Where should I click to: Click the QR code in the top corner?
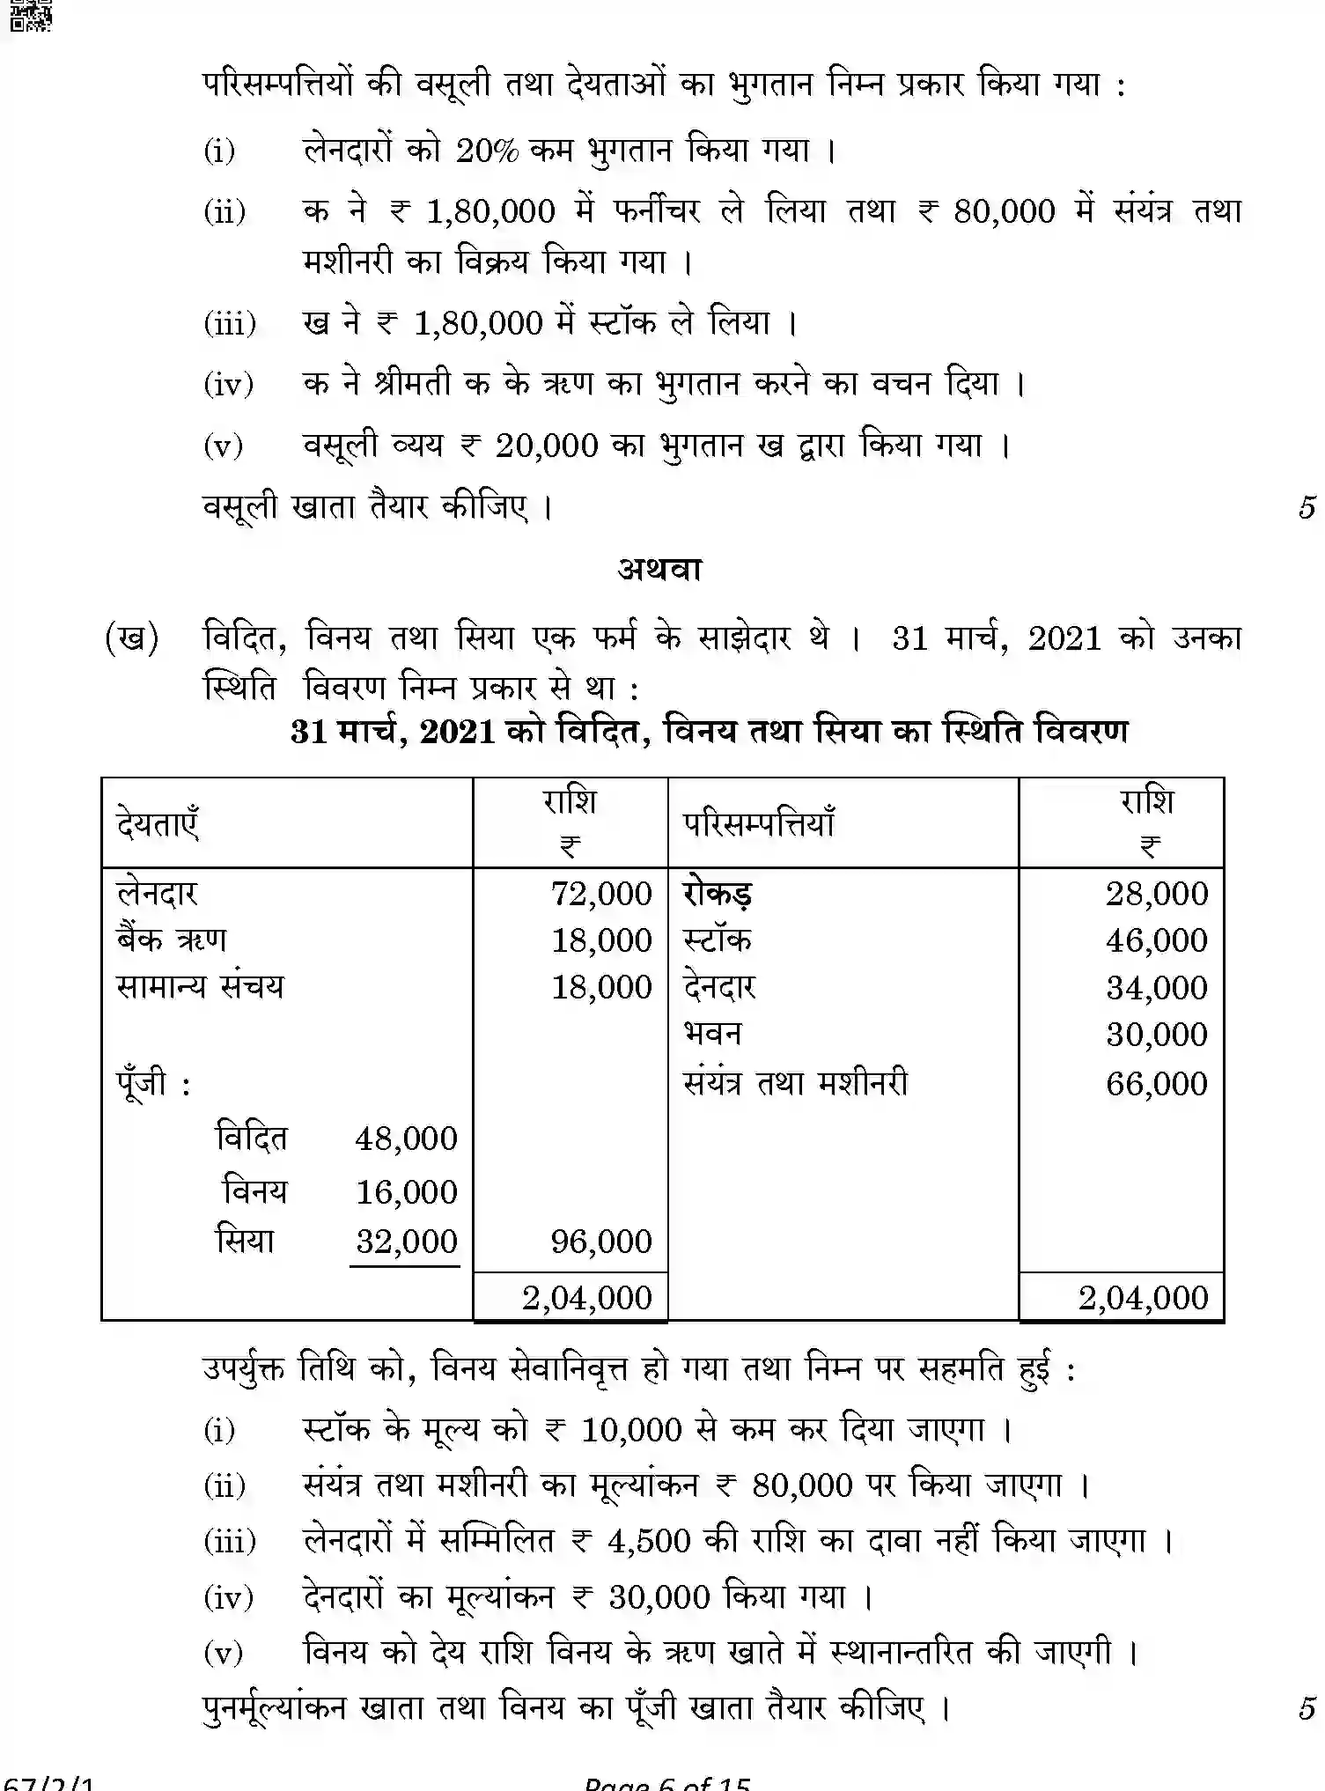tap(31, 15)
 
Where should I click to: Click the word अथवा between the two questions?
tap(659, 570)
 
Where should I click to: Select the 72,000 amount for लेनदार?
tap(601, 894)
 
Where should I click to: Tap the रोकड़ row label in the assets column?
tap(718, 894)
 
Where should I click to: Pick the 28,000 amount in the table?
tap(1156, 894)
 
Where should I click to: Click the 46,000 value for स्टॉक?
tap(1156, 940)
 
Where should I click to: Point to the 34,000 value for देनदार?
tap(1156, 988)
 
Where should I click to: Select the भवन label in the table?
tap(712, 1034)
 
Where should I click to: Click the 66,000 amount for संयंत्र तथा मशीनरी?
tap(1156, 1083)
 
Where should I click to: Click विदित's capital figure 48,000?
tap(406, 1139)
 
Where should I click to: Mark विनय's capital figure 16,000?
tap(406, 1192)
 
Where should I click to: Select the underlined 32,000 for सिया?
tap(406, 1242)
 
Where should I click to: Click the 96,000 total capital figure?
tap(601, 1242)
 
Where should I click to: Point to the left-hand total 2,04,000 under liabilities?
tap(586, 1298)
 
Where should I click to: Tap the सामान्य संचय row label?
tap(200, 986)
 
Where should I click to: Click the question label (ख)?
tap(131, 638)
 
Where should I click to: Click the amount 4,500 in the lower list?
tap(648, 1542)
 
